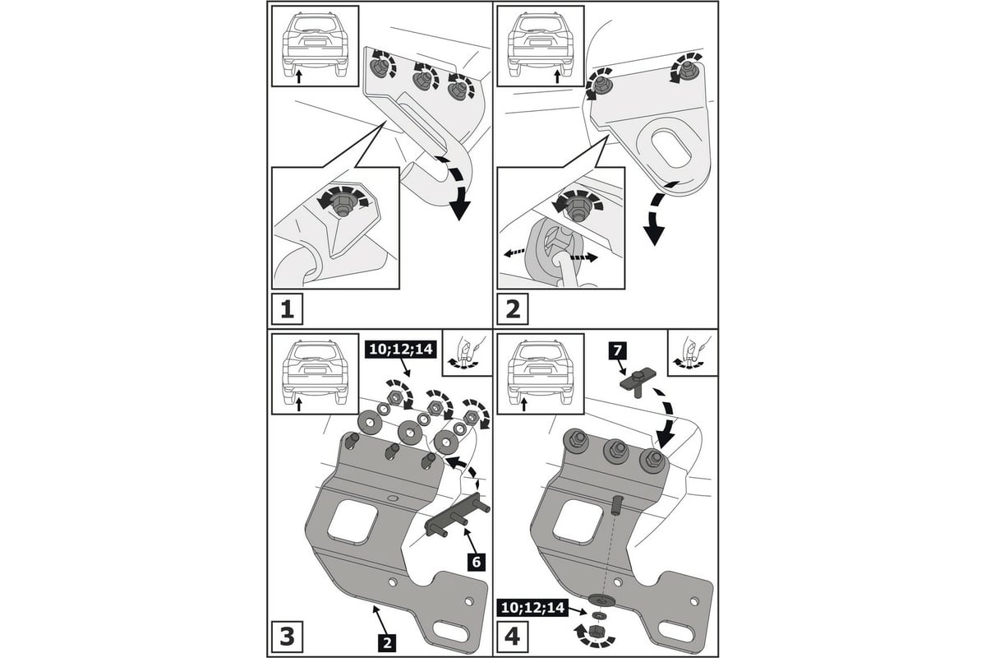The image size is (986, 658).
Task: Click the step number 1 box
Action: click(x=288, y=308)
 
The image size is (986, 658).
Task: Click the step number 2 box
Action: click(x=513, y=308)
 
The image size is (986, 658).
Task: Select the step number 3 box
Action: click(x=288, y=637)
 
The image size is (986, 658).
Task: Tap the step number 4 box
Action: click(x=513, y=637)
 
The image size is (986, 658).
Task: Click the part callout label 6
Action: click(x=477, y=562)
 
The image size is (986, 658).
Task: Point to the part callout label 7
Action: click(x=618, y=351)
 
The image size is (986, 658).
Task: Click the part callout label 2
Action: click(x=386, y=643)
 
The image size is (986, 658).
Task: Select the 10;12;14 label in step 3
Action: click(x=401, y=350)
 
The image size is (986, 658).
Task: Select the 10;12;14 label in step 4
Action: click(x=532, y=608)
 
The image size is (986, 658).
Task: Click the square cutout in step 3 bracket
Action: click(x=352, y=521)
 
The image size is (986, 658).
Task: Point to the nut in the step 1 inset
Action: click(x=342, y=205)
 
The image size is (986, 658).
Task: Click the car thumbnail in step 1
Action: click(x=316, y=46)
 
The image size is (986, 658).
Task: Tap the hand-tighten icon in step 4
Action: click(x=693, y=353)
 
